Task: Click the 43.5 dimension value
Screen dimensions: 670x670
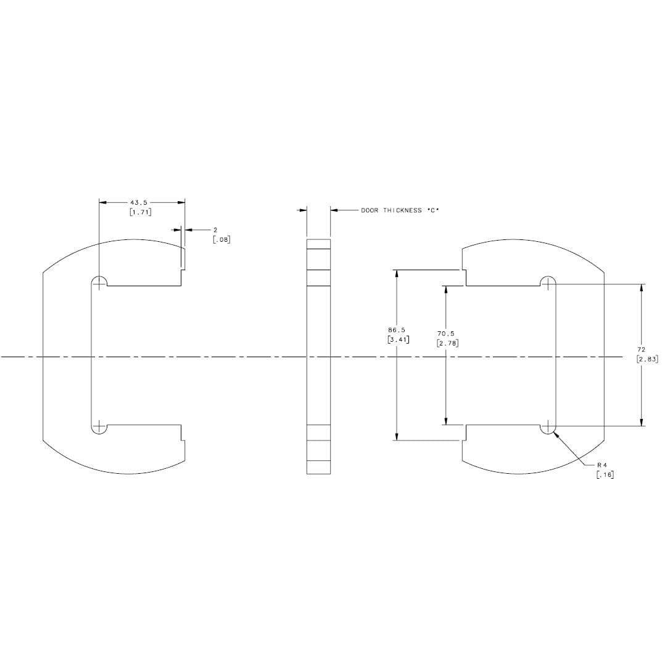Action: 139,202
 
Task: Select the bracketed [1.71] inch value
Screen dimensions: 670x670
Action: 141,212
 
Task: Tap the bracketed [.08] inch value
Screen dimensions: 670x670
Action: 221,239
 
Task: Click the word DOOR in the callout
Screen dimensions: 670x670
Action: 370,210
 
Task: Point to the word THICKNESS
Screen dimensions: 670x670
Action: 402,210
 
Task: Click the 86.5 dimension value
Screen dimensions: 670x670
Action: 397,330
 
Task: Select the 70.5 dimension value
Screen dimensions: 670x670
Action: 445,333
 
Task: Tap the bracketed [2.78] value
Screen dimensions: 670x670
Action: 448,342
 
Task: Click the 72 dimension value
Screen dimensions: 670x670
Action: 641,350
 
